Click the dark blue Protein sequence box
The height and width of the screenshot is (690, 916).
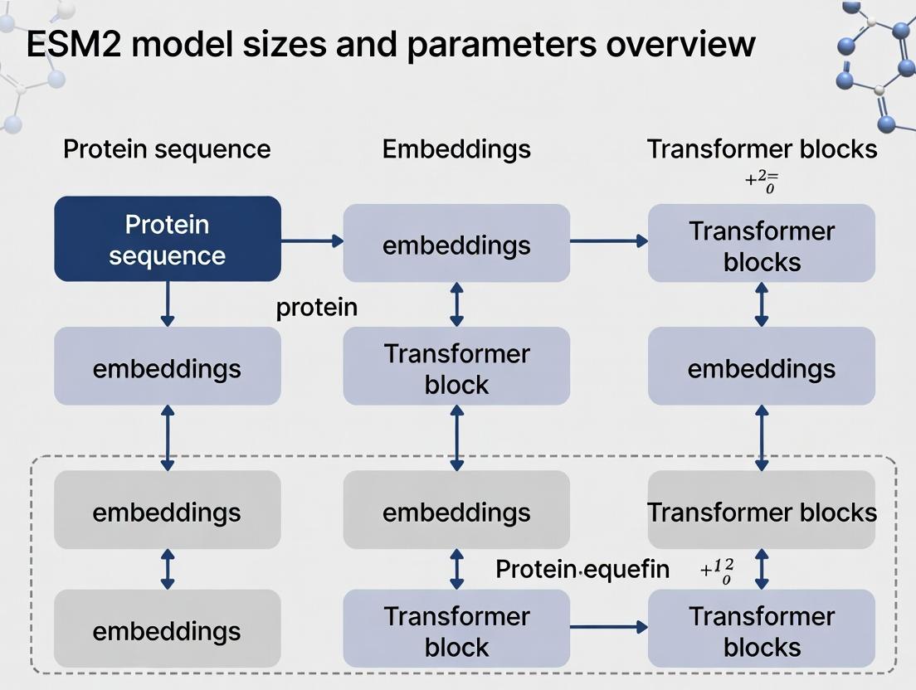coord(167,239)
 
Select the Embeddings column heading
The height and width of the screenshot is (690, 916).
coord(456,149)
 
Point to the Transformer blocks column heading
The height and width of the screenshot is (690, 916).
coord(762,149)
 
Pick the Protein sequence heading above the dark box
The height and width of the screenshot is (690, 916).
coord(167,149)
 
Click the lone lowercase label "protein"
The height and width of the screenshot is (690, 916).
coord(316,308)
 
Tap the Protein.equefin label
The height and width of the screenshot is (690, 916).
coord(582,569)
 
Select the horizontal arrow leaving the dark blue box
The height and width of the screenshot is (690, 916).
coord(312,241)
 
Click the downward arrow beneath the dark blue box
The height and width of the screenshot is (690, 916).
coord(167,304)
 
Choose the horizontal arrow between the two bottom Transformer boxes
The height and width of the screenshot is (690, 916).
coord(608,628)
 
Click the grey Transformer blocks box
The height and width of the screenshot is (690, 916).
coord(762,511)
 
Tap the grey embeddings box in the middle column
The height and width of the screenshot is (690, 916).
coord(456,511)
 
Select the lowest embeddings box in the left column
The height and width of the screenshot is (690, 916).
coord(167,630)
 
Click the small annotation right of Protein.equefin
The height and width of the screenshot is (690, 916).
coord(719,571)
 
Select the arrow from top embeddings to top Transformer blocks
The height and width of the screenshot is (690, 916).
coord(608,241)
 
